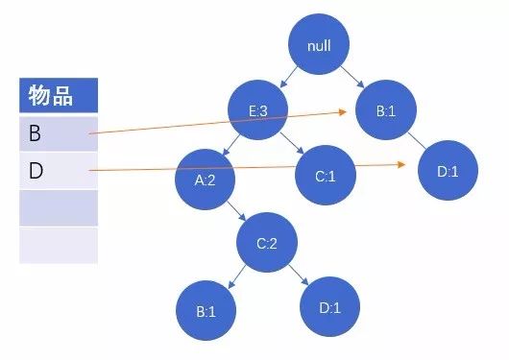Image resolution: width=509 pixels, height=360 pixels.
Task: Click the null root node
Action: (320, 45)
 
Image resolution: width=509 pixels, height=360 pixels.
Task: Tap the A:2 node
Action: (206, 179)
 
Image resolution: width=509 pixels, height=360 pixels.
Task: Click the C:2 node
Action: (267, 242)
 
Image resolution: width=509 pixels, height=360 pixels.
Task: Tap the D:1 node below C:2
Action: (329, 307)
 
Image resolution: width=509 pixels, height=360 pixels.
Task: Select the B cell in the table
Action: (58, 133)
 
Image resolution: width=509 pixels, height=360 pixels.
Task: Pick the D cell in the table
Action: (58, 171)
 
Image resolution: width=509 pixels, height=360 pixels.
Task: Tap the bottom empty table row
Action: (58, 245)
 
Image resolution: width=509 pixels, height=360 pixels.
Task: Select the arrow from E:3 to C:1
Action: (296, 146)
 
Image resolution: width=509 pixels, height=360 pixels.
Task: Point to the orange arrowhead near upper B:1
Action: (341, 111)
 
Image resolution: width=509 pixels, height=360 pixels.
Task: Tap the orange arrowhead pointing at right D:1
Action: (401, 165)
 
